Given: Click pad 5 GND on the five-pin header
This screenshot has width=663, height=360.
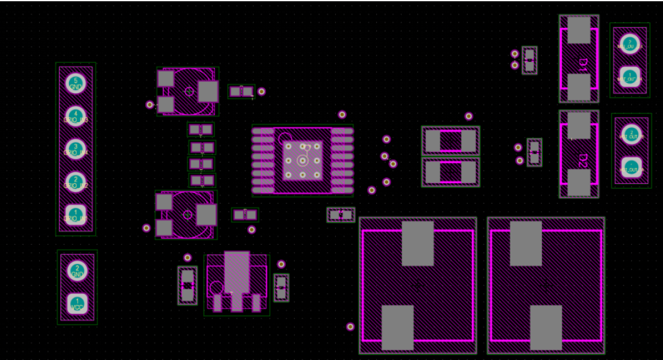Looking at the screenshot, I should (x=76, y=83).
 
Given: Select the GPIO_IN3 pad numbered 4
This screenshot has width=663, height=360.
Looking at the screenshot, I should (x=76, y=116).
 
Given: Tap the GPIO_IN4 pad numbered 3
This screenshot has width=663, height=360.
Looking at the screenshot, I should (x=76, y=149).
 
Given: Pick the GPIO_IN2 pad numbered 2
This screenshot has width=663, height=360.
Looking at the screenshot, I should (x=76, y=182).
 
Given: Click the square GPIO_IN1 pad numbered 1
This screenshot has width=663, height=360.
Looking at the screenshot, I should (x=76, y=215).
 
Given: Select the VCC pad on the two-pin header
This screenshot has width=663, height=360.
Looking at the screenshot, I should (x=77, y=304).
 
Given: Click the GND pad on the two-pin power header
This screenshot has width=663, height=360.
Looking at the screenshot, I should (x=77, y=271).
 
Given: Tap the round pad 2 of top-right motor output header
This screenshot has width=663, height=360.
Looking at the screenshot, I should (x=629, y=43).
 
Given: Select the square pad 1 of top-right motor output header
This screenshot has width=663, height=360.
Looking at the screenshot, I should (x=629, y=76).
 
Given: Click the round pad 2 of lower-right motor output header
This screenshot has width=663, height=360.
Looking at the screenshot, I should (x=631, y=134).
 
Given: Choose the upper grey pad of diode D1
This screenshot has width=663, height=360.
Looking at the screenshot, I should (x=579, y=30).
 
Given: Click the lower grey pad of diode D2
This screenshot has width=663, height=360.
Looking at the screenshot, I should (x=579, y=182).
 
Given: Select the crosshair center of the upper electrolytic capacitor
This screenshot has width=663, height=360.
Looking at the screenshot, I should (x=189, y=91).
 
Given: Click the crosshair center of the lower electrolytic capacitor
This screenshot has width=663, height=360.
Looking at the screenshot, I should (x=187, y=214).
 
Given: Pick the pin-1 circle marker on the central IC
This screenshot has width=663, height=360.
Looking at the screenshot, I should (x=284, y=138).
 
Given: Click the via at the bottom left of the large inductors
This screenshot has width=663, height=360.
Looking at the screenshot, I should (x=350, y=326).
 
